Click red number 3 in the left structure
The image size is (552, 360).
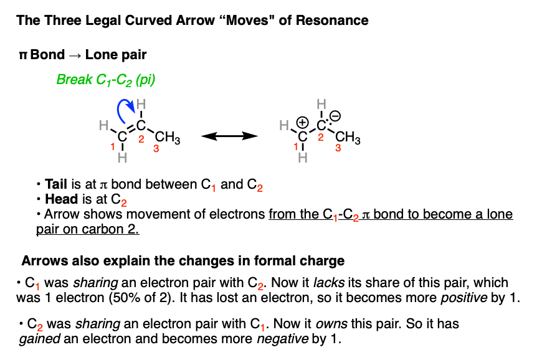coord(156,149)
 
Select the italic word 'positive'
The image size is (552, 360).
coord(464,298)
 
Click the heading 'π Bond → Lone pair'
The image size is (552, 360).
coord(83,55)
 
